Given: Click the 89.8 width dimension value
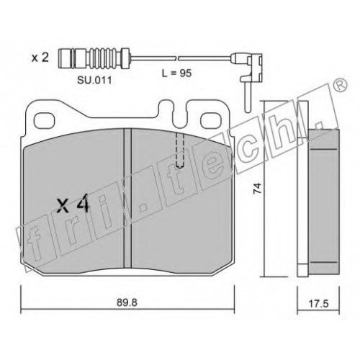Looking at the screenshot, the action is (x=127, y=302).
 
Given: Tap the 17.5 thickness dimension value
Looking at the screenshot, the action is (x=318, y=304).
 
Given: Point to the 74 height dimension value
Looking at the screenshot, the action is (x=257, y=188).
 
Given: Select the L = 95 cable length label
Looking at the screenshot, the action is (x=177, y=73).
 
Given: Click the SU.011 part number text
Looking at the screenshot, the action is (x=94, y=81).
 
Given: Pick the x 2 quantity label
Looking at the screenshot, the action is (x=40, y=58).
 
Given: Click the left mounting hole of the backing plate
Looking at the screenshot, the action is (x=45, y=121).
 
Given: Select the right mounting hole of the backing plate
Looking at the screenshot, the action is (x=211, y=121).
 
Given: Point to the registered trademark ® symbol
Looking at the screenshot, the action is (x=341, y=85).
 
